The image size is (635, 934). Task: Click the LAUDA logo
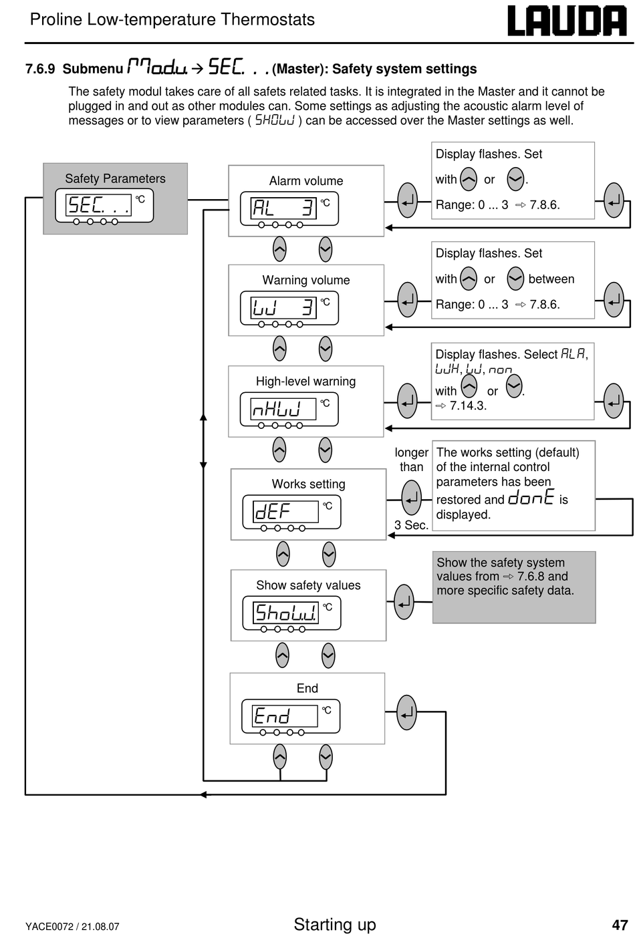pyautogui.click(x=567, y=21)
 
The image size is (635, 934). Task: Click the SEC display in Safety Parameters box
pyautogui.click(x=104, y=206)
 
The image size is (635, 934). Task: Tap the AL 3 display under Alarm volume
pyautogui.click(x=289, y=208)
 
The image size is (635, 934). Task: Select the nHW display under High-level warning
pyautogui.click(x=289, y=409)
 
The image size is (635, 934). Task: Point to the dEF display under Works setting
pyautogui.click(x=291, y=512)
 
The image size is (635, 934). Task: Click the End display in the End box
pyautogui.click(x=291, y=716)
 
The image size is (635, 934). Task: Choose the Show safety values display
pyautogui.click(x=291, y=613)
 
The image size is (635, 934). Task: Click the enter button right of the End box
pyautogui.click(x=406, y=712)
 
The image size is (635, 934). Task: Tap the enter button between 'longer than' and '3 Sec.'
pyautogui.click(x=411, y=498)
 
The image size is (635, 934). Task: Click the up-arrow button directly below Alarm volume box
pyautogui.click(x=279, y=249)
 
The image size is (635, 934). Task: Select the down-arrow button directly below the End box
pyautogui.click(x=326, y=757)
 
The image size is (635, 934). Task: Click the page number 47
pyautogui.click(x=620, y=925)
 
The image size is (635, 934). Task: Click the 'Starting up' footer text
pyautogui.click(x=335, y=925)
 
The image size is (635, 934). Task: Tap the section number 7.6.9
pyautogui.click(x=40, y=69)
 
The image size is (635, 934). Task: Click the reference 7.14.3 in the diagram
pyautogui.click(x=468, y=406)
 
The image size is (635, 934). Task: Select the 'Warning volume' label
pyautogui.click(x=306, y=280)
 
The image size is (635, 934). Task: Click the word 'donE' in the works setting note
pyautogui.click(x=531, y=497)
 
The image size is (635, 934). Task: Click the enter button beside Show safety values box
pyautogui.click(x=404, y=602)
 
